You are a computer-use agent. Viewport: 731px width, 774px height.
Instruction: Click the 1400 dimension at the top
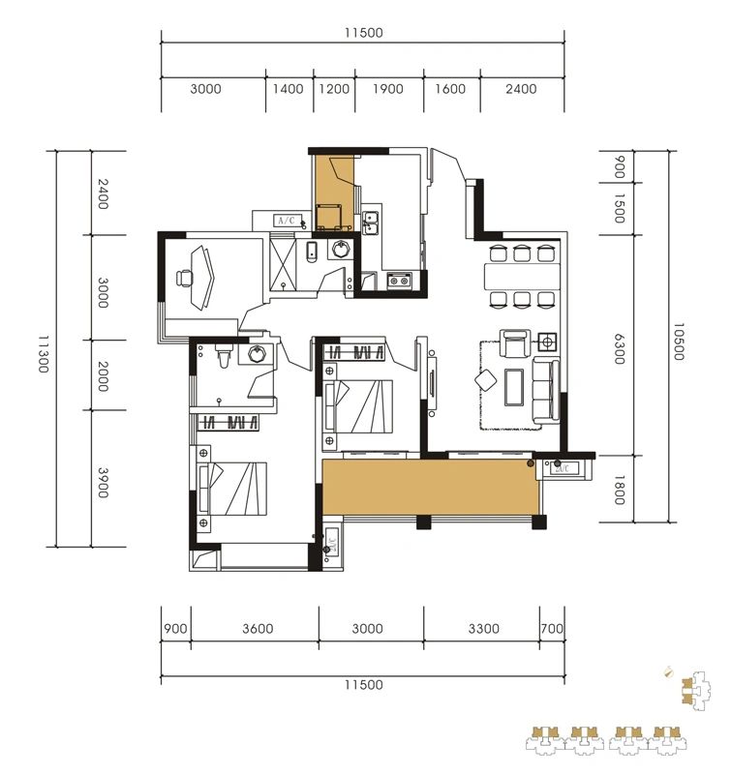pos(289,88)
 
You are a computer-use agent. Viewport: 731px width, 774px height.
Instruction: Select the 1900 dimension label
pos(387,88)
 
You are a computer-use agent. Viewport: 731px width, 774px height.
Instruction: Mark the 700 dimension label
pos(552,629)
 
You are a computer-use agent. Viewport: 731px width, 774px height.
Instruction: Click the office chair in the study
pos(185,279)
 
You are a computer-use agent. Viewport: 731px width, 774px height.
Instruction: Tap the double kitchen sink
pos(370,223)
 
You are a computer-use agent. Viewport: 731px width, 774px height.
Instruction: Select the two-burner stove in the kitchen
pos(400,281)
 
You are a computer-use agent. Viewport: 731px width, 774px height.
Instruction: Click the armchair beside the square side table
pos(514,342)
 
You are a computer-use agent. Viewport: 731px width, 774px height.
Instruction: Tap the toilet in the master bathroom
pos(225,358)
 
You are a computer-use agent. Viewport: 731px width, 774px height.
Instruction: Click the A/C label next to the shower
pos(287,221)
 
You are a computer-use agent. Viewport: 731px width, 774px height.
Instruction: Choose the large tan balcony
pos(431,487)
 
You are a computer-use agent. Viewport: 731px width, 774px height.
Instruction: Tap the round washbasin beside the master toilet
pos(257,353)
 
